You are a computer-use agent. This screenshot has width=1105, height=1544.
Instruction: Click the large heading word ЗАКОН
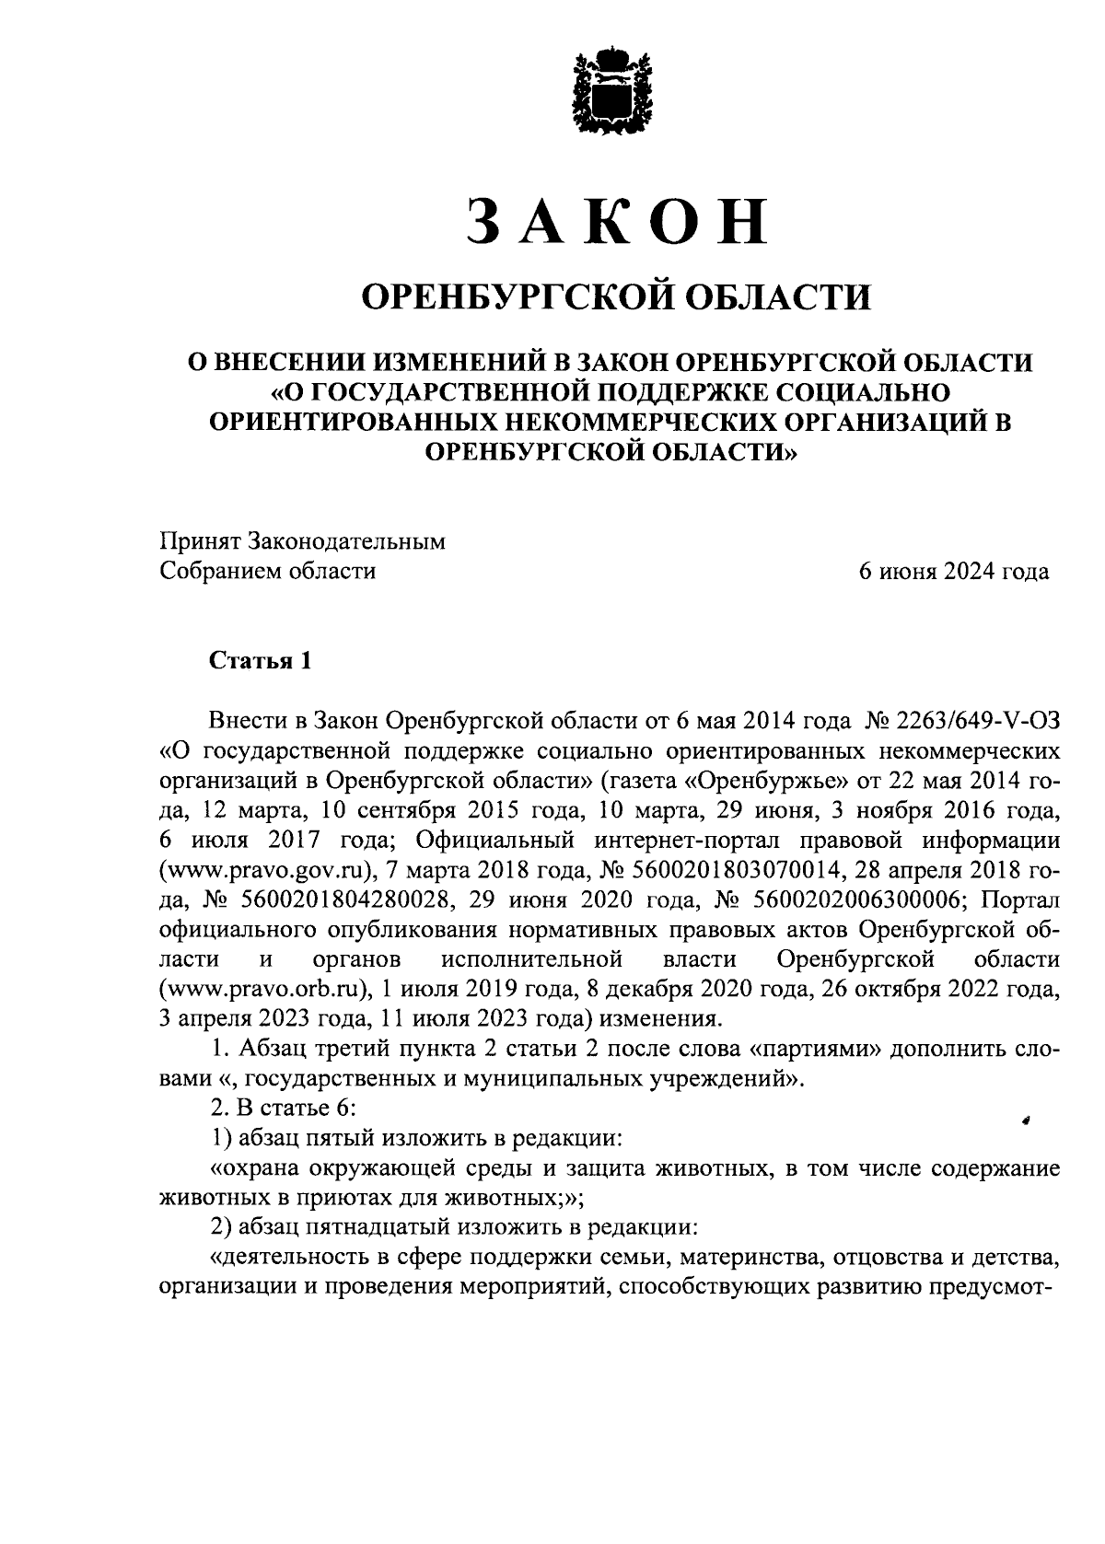pyautogui.click(x=615, y=222)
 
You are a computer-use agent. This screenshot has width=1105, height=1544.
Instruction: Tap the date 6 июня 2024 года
pyautogui.click(x=953, y=572)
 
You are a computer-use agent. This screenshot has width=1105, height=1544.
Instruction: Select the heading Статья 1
pyautogui.click(x=262, y=661)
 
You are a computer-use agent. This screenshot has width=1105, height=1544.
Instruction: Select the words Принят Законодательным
pyautogui.click(x=302, y=541)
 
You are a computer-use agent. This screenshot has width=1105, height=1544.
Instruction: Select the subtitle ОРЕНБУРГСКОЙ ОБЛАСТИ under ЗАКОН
pyautogui.click(x=614, y=297)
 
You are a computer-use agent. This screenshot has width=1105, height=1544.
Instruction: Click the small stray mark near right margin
pyautogui.click(x=1024, y=1120)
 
